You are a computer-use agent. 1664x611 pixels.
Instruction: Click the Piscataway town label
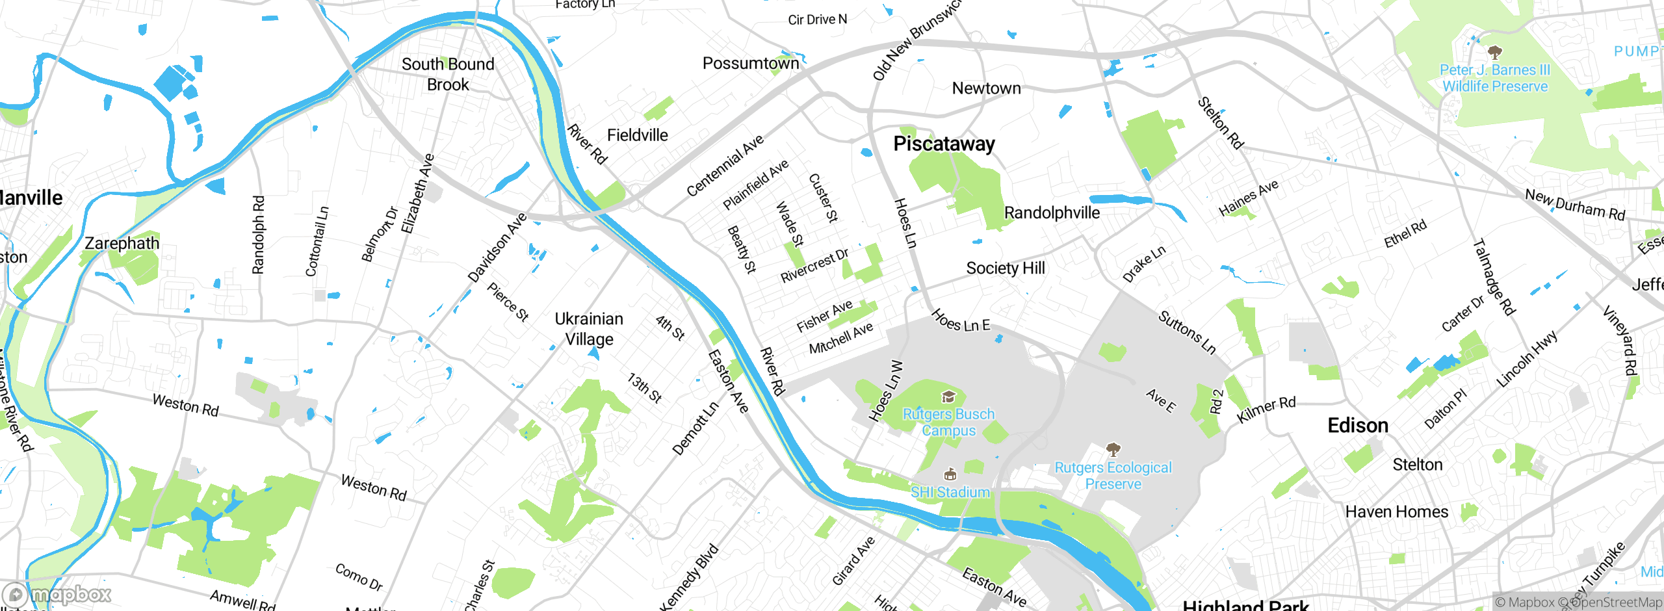(x=944, y=144)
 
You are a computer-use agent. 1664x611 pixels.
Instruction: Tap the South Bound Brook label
(x=448, y=74)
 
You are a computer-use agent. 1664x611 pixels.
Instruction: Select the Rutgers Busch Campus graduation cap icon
(x=948, y=396)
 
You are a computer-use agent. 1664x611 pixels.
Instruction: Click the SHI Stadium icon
(x=950, y=474)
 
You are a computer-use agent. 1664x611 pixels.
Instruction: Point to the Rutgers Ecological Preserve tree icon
(x=1113, y=449)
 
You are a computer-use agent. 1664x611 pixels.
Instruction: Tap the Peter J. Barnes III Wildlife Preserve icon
(x=1494, y=52)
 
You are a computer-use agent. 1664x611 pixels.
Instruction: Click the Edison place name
(x=1358, y=426)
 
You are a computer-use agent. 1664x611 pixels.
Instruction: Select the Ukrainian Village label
(x=589, y=329)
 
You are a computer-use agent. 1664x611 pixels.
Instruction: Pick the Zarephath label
(x=122, y=244)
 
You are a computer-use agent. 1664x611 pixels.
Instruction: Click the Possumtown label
(x=751, y=64)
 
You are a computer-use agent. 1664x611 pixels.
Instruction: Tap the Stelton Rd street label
(x=1221, y=122)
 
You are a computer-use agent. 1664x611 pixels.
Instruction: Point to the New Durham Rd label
(x=1574, y=205)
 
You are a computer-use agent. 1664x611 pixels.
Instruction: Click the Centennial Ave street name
(x=725, y=166)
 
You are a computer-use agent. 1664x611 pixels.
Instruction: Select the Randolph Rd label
(x=258, y=235)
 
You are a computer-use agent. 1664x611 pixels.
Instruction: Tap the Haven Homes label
(x=1397, y=512)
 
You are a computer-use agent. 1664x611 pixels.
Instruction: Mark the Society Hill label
(x=1006, y=268)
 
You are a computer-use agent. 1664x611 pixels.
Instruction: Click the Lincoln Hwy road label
(x=1527, y=358)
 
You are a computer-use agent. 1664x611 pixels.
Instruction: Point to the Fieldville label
(x=637, y=135)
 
